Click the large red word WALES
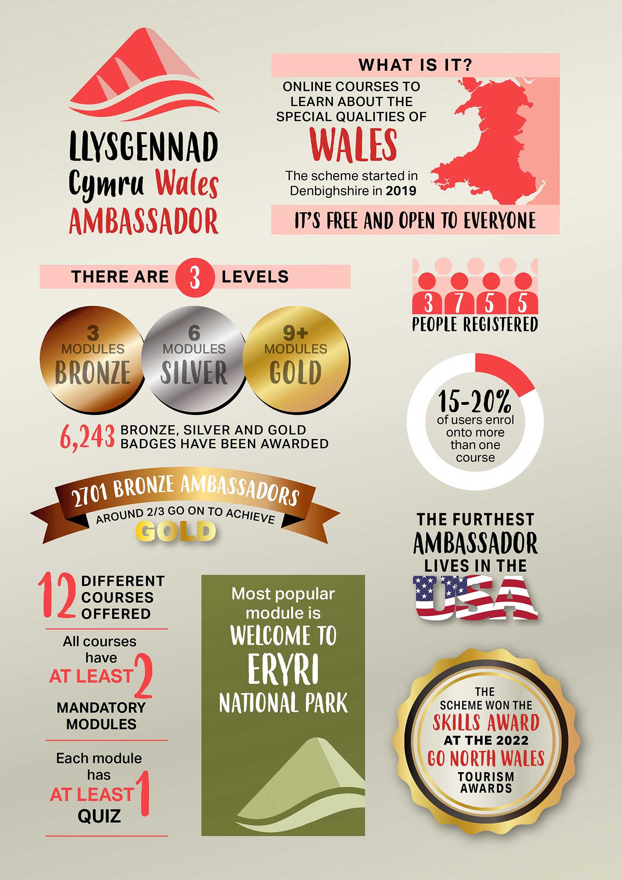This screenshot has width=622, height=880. (x=353, y=144)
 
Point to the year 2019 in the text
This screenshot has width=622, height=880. (x=401, y=191)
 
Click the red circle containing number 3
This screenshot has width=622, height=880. (x=194, y=278)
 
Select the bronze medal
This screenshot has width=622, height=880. (x=92, y=359)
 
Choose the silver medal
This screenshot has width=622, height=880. (x=194, y=359)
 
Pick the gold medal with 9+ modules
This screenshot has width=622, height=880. (x=296, y=359)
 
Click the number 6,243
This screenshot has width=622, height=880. (x=87, y=437)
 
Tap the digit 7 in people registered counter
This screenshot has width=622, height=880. (x=459, y=303)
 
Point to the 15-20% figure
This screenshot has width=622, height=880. (x=475, y=401)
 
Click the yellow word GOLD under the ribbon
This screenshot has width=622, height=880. (x=176, y=531)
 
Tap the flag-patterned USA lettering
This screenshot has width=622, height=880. (x=475, y=598)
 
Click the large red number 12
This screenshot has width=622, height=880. (x=57, y=596)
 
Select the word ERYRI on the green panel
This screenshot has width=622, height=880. (x=283, y=669)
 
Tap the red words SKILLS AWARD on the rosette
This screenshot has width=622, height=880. (x=486, y=722)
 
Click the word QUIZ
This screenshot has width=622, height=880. (x=99, y=816)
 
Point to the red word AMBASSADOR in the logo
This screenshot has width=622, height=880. (x=143, y=221)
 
